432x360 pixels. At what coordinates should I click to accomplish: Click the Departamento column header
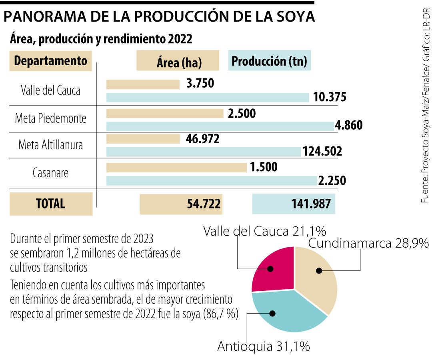coord(50,61)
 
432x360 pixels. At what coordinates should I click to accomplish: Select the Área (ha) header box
coord(178,61)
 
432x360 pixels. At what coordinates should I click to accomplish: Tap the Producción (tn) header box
coord(269,61)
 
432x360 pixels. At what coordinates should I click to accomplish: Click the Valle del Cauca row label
coord(50,90)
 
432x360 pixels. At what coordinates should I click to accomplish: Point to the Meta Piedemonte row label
coord(50,119)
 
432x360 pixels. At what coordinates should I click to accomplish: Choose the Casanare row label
coord(50,173)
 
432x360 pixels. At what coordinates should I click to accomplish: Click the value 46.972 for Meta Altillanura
coord(203,139)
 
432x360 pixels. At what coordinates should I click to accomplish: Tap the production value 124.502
coord(322,152)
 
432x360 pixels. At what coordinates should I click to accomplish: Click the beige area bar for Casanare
coord(176,168)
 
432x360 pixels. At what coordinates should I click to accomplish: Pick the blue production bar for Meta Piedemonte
coord(220,126)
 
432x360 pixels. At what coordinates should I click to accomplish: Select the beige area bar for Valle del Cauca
coord(143,84)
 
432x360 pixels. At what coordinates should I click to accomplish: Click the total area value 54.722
coord(204,204)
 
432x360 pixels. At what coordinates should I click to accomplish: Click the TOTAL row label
coord(50,204)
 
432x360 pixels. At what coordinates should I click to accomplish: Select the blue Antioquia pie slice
coord(286,312)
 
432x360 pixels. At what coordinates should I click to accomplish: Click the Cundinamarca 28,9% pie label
coord(368,243)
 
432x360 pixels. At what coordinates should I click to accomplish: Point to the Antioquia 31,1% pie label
coord(263,346)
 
